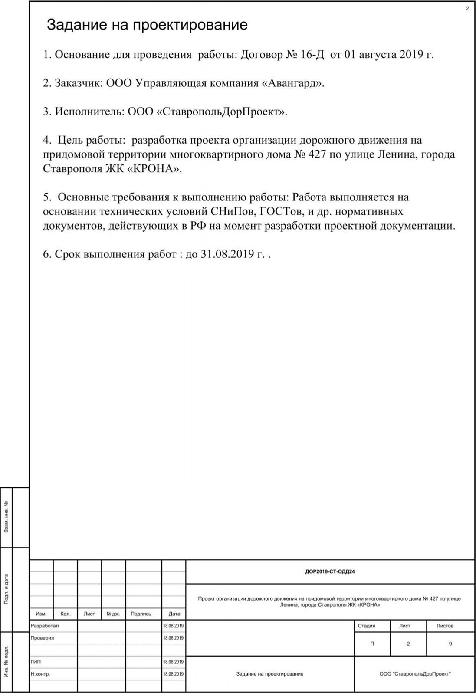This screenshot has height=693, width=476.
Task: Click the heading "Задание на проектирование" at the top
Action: (x=147, y=25)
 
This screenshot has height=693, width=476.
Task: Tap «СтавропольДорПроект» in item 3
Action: (x=221, y=112)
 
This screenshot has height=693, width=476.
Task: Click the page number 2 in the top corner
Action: (x=467, y=9)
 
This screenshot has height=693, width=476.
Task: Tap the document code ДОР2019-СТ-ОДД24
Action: (x=330, y=571)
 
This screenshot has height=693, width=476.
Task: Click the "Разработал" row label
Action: (x=45, y=626)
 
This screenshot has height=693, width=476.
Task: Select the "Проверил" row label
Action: (x=43, y=638)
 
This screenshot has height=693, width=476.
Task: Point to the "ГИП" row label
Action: (x=36, y=662)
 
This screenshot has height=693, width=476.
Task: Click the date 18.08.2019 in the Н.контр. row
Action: (x=173, y=674)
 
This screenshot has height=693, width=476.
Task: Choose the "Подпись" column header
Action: (x=141, y=614)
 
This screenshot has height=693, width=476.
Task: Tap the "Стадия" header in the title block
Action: (x=367, y=626)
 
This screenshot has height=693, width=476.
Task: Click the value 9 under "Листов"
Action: (x=450, y=644)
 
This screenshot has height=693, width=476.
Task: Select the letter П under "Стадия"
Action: (x=372, y=644)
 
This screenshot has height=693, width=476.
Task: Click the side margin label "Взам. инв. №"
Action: (x=6, y=517)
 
